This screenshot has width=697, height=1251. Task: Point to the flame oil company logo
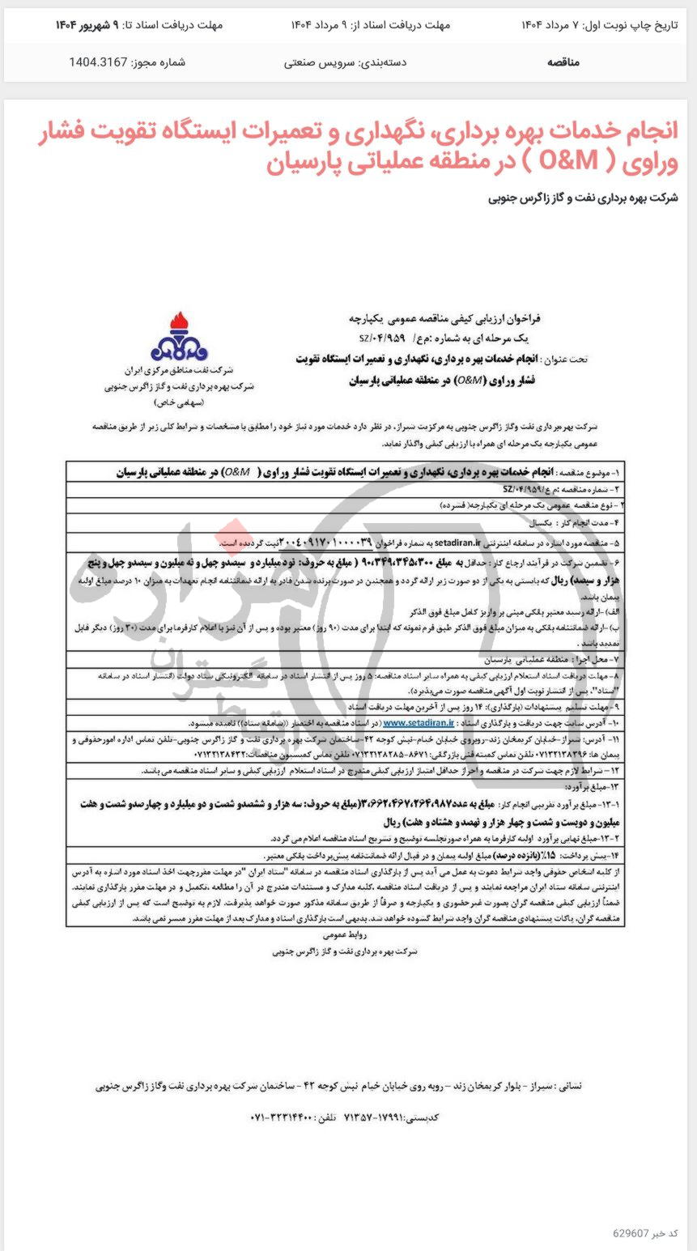tap(179, 338)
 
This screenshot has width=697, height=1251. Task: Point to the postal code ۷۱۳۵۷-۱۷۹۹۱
tap(401, 1117)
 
